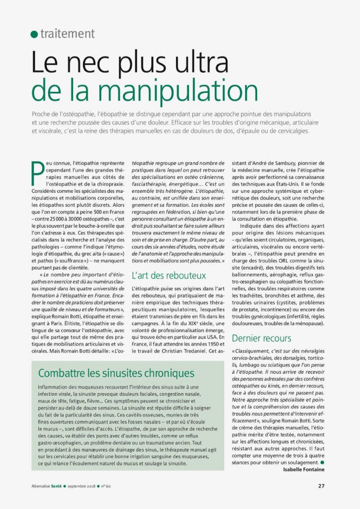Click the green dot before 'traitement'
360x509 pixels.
coord(34,34)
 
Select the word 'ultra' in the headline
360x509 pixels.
coord(203,64)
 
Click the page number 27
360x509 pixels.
coord(321,486)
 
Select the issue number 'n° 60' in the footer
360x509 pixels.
coord(105,486)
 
